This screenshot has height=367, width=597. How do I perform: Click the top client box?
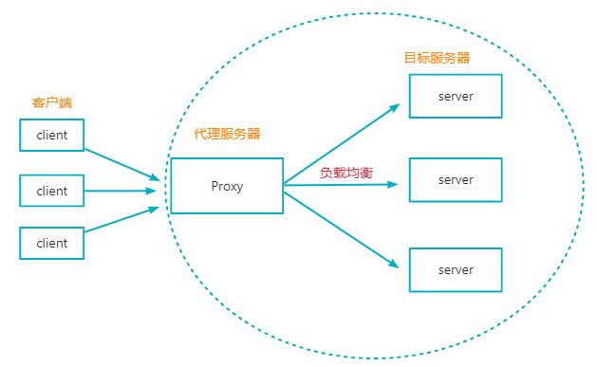click(x=52, y=135)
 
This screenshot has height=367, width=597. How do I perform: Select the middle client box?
click(x=52, y=191)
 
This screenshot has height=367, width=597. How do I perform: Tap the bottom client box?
click(x=52, y=243)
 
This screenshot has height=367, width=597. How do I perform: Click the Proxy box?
click(x=227, y=185)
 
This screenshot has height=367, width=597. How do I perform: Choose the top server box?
click(x=455, y=96)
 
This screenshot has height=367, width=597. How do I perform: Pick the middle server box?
click(x=455, y=179)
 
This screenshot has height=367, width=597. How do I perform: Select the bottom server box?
click(x=455, y=269)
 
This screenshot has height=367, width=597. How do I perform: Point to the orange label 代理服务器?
click(x=227, y=135)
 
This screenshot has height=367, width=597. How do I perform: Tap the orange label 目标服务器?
click(x=438, y=58)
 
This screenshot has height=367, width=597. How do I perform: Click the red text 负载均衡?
click(x=346, y=172)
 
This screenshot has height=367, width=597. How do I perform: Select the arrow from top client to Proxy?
click(x=121, y=163)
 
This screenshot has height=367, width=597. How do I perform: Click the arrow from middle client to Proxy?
click(x=121, y=191)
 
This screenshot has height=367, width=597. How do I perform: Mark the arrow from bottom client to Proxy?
click(x=121, y=220)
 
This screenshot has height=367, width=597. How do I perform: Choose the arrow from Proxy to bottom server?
click(x=342, y=230)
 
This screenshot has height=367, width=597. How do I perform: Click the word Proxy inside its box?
click(x=227, y=186)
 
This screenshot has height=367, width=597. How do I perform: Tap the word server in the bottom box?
click(x=456, y=270)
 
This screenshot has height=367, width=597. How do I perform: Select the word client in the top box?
click(x=52, y=136)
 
